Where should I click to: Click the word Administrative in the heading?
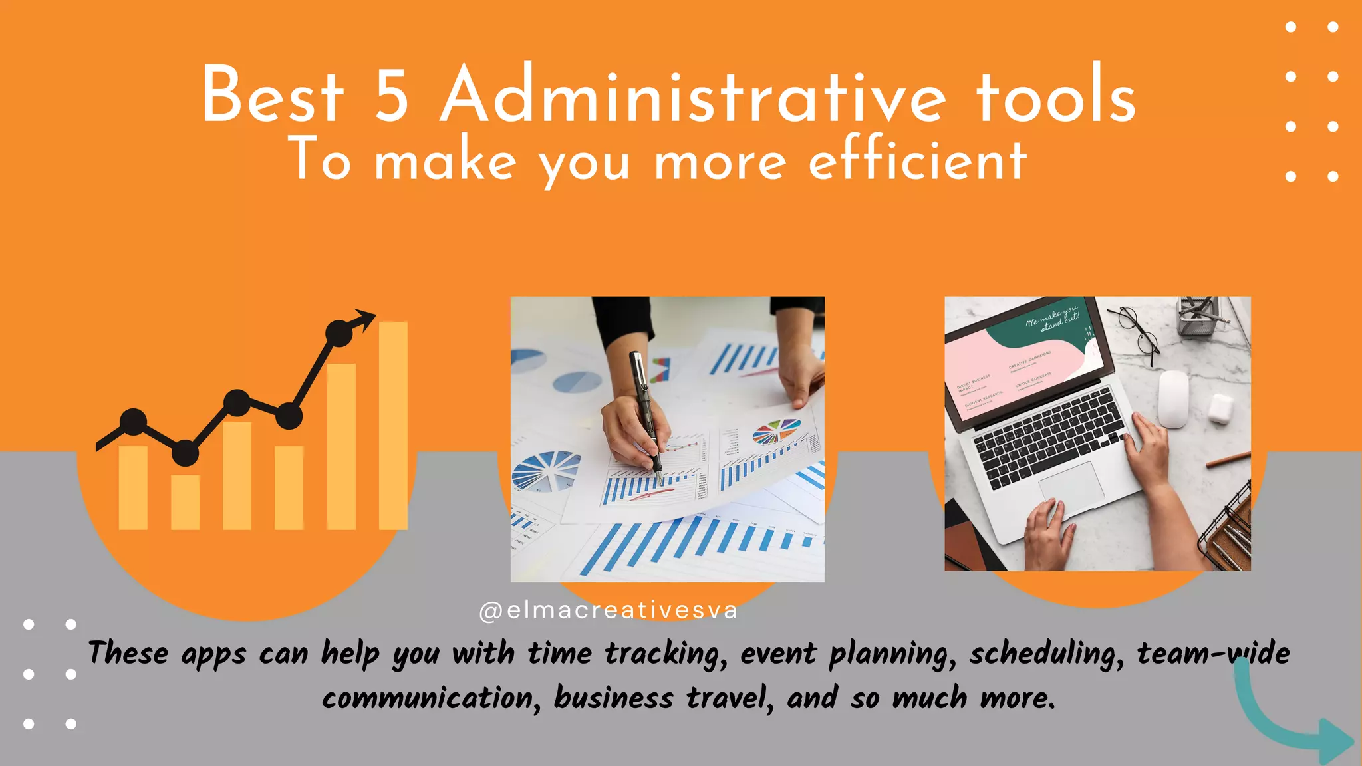[692, 94]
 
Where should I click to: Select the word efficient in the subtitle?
[918, 161]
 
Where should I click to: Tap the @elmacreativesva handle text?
[608, 610]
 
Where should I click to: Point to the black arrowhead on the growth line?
[364, 319]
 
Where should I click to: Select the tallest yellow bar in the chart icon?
[393, 426]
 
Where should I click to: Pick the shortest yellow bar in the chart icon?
[185, 502]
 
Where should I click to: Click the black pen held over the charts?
[646, 412]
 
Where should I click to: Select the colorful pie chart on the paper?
[776, 431]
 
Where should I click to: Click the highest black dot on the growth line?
[339, 334]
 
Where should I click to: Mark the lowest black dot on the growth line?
[185, 453]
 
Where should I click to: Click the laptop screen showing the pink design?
[1024, 362]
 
